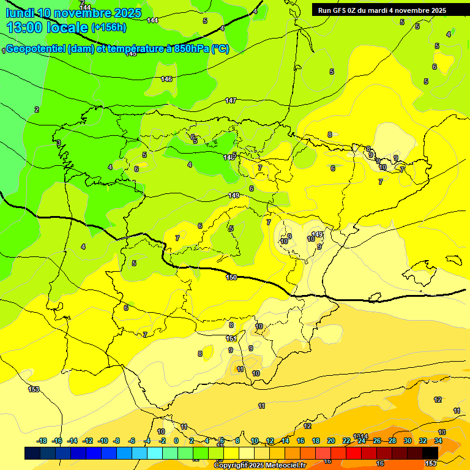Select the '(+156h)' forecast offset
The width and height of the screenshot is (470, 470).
109,28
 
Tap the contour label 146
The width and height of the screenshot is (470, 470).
166,79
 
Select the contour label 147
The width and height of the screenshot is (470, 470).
231,100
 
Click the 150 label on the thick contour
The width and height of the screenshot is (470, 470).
231,277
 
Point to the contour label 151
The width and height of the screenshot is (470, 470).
231,338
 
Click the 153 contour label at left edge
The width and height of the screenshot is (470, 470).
34,389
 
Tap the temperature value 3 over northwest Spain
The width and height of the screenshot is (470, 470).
59,143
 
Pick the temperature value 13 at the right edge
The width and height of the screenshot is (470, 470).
442,432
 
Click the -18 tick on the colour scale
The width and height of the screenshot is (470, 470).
42,441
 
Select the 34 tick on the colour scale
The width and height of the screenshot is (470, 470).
438,441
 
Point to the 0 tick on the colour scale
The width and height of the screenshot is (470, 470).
176,441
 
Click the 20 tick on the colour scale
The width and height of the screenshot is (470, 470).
331,441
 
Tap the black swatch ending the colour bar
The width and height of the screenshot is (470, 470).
430,453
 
